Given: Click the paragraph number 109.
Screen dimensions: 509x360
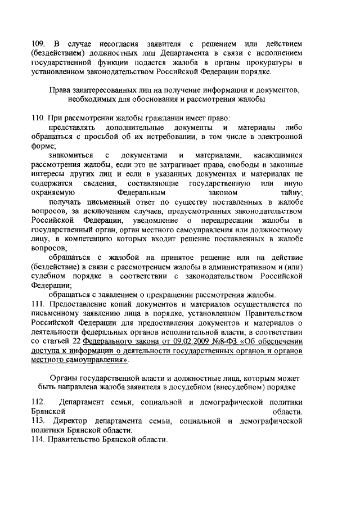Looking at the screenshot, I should (38, 44).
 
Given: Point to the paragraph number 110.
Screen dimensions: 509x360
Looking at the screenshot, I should (38, 119).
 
